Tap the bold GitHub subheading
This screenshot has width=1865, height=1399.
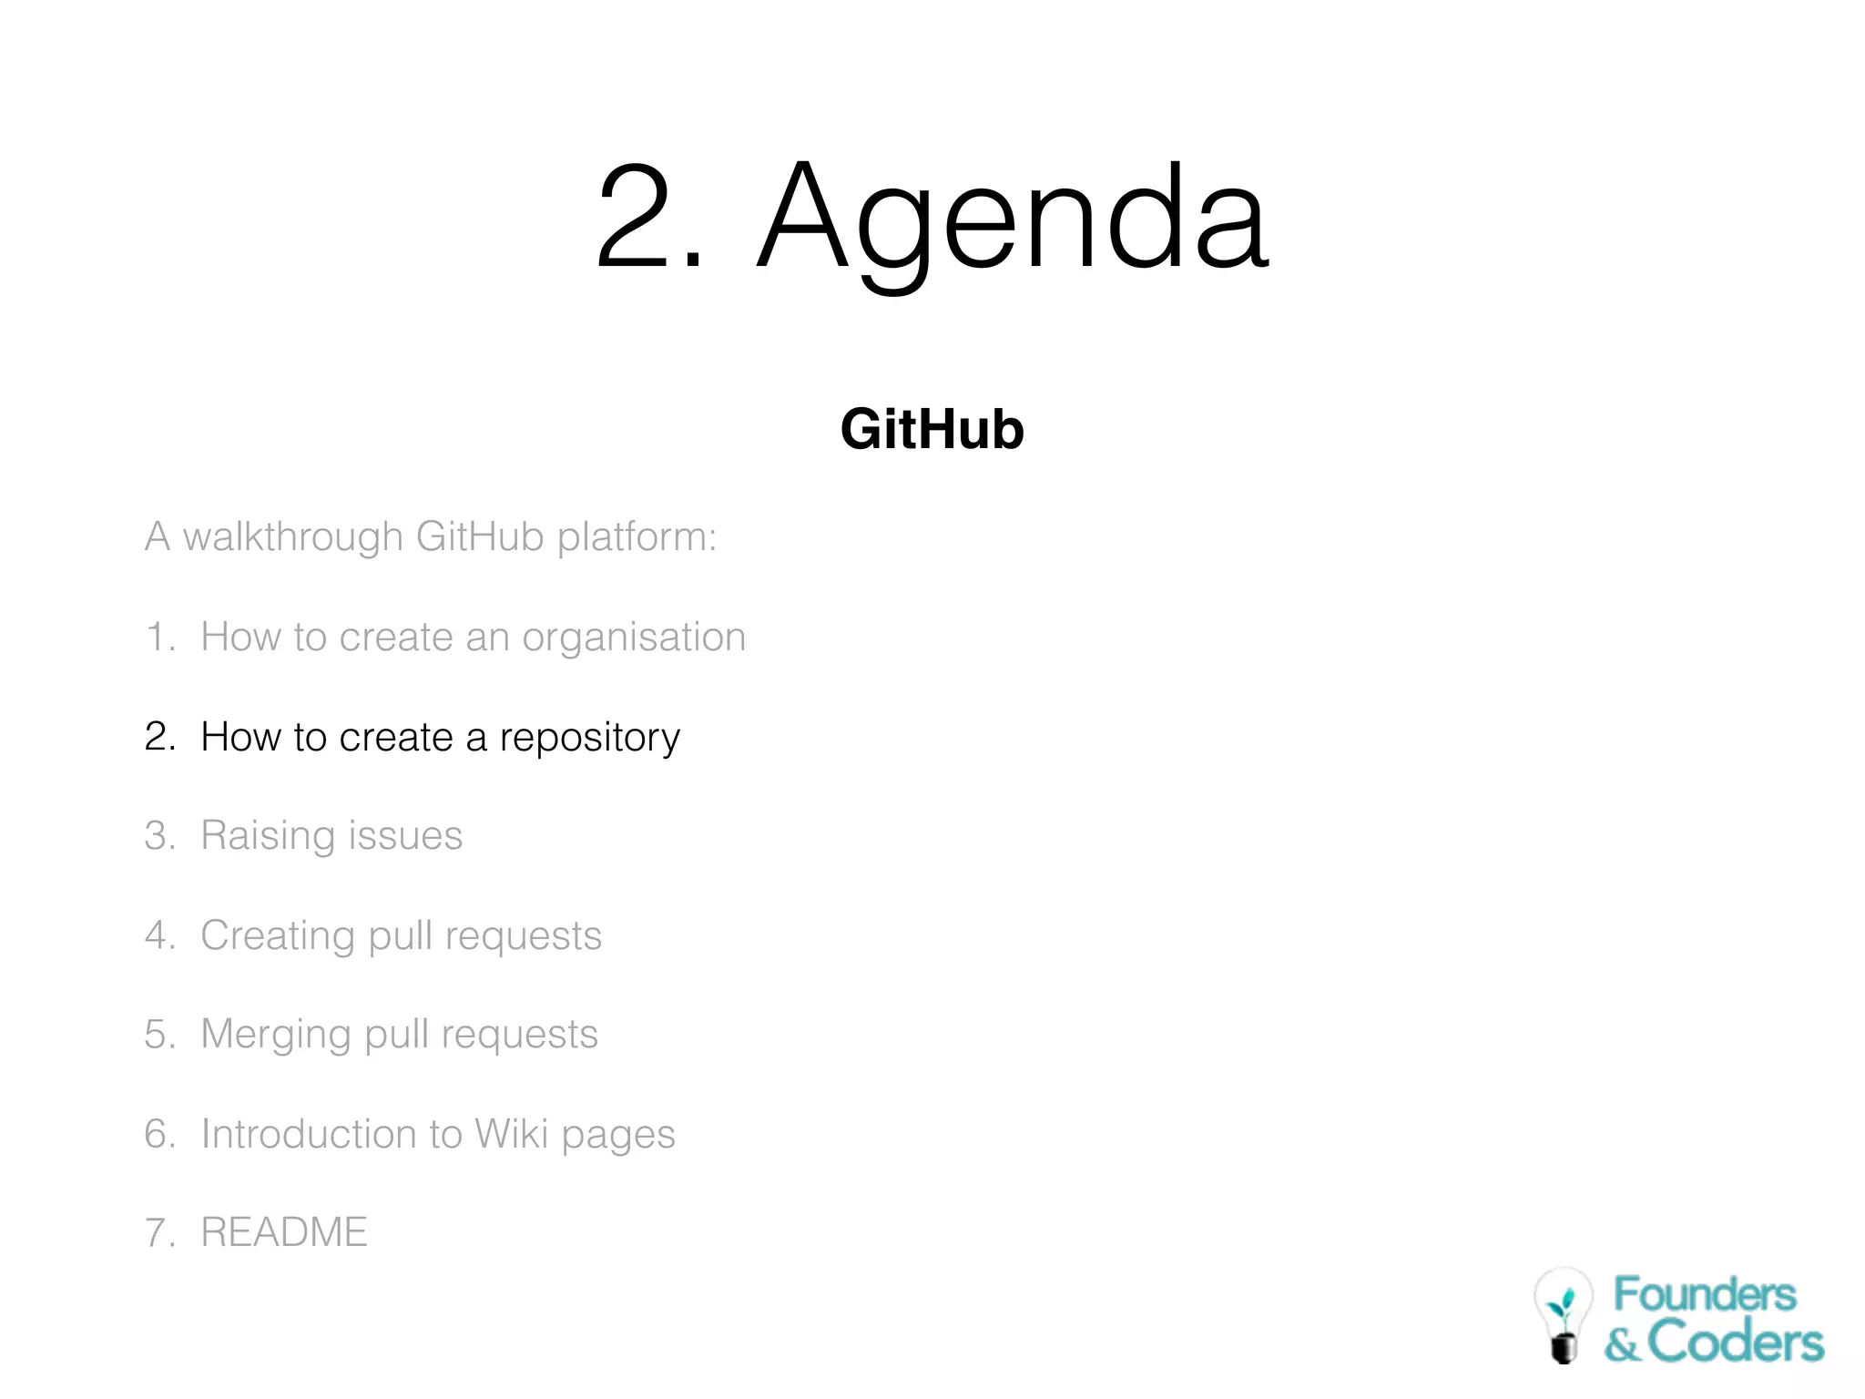pos(932,429)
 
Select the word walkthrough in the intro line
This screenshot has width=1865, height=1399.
pos(292,536)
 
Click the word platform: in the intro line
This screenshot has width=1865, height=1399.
pos(637,536)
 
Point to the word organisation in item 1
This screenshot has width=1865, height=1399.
pos(633,638)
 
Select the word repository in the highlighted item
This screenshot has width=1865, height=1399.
pos(589,737)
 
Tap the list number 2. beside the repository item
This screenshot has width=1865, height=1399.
pos(159,736)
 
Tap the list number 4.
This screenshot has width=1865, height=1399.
pos(159,935)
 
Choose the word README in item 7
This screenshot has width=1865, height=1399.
pos(283,1232)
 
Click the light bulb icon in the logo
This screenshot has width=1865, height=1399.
pos(1563,1314)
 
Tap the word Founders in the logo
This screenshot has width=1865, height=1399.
pos(1704,1294)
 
